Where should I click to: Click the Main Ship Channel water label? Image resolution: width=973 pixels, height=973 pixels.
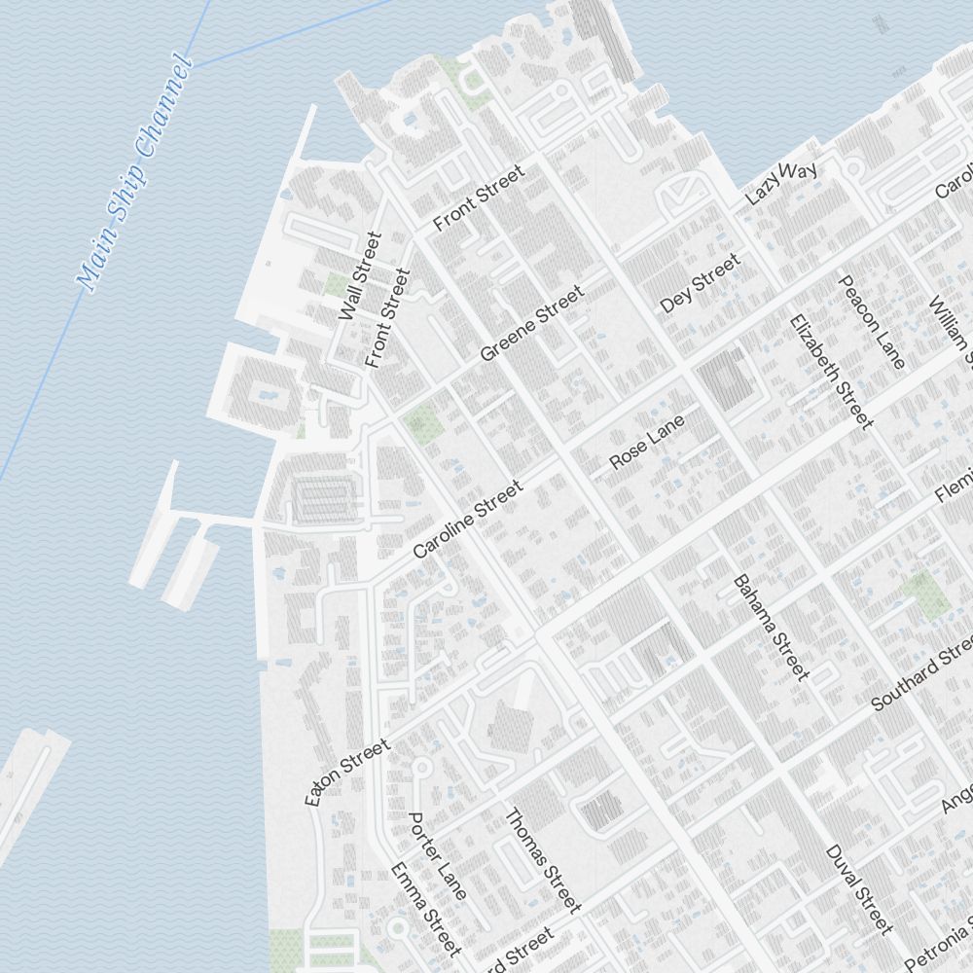click(135, 176)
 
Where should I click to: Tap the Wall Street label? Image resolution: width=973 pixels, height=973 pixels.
click(356, 276)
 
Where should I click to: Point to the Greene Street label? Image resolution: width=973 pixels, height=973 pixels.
click(531, 322)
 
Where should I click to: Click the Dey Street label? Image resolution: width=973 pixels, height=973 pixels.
click(700, 283)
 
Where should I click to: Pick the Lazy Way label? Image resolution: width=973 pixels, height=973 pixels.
click(780, 183)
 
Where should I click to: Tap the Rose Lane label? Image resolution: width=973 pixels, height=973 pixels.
click(647, 441)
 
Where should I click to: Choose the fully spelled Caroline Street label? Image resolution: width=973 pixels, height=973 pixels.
click(467, 519)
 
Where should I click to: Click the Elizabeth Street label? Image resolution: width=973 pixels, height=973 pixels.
click(830, 370)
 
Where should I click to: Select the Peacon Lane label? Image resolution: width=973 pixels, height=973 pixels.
click(872, 322)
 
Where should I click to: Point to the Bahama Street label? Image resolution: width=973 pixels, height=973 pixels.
click(771, 628)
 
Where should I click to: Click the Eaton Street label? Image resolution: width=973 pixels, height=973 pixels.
click(347, 772)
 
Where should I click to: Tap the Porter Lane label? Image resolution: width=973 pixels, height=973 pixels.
click(437, 855)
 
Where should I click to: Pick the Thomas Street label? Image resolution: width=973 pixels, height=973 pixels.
click(543, 860)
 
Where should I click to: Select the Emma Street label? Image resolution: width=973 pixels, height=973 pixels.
click(425, 909)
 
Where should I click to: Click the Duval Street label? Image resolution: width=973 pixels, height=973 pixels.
click(858, 889)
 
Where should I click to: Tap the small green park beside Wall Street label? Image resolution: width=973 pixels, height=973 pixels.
click(336, 285)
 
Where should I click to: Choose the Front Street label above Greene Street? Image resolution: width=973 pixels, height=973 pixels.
click(479, 198)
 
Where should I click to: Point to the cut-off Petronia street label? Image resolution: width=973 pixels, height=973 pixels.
click(939, 943)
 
